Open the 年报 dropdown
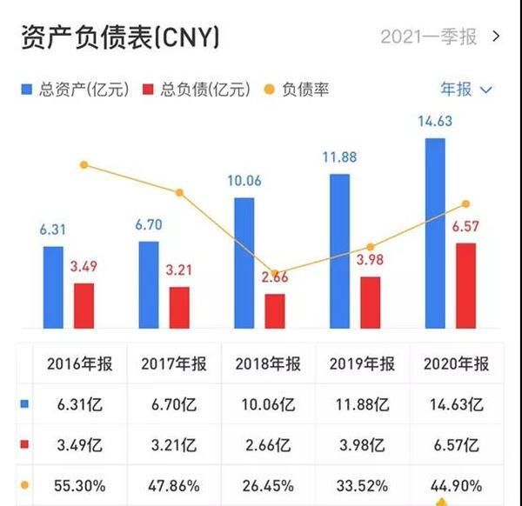click(x=466, y=89)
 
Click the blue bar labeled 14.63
click(x=435, y=233)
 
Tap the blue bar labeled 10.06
click(x=244, y=263)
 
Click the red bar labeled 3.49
click(x=84, y=305)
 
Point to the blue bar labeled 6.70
click(x=149, y=284)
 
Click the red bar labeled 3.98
click(x=370, y=303)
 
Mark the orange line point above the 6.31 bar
click(x=84, y=165)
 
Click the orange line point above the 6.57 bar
click(x=465, y=203)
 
